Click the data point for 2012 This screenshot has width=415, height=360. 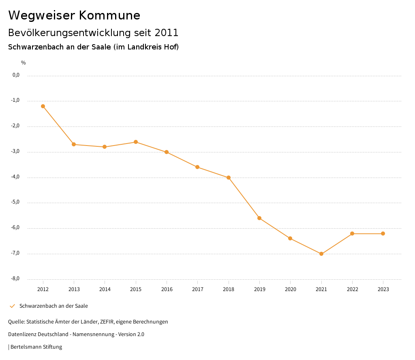pos(43,106)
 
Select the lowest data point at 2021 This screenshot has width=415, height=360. pos(321,254)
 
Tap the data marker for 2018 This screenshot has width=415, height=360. pos(229,178)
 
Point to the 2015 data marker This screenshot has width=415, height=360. pos(136,142)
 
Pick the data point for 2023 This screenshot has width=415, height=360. pos(383,234)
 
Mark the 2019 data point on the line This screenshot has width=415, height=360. pos(259,218)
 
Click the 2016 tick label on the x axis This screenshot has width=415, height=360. pos(167,289)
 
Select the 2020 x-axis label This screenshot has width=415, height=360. pos(290,289)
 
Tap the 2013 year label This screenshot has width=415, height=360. pos(74,289)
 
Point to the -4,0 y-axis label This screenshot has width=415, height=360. pos(15,177)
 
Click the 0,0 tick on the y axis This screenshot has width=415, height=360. pos(16,75)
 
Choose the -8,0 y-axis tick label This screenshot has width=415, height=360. pos(15,279)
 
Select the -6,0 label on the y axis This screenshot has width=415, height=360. pos(15,228)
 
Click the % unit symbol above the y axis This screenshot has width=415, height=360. pos(24,63)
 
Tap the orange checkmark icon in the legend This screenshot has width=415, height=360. pos(12,306)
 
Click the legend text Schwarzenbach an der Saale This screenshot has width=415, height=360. pos(53,306)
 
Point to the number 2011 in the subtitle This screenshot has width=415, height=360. pos(167,32)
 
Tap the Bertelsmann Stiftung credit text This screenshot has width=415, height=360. pos(36,347)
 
